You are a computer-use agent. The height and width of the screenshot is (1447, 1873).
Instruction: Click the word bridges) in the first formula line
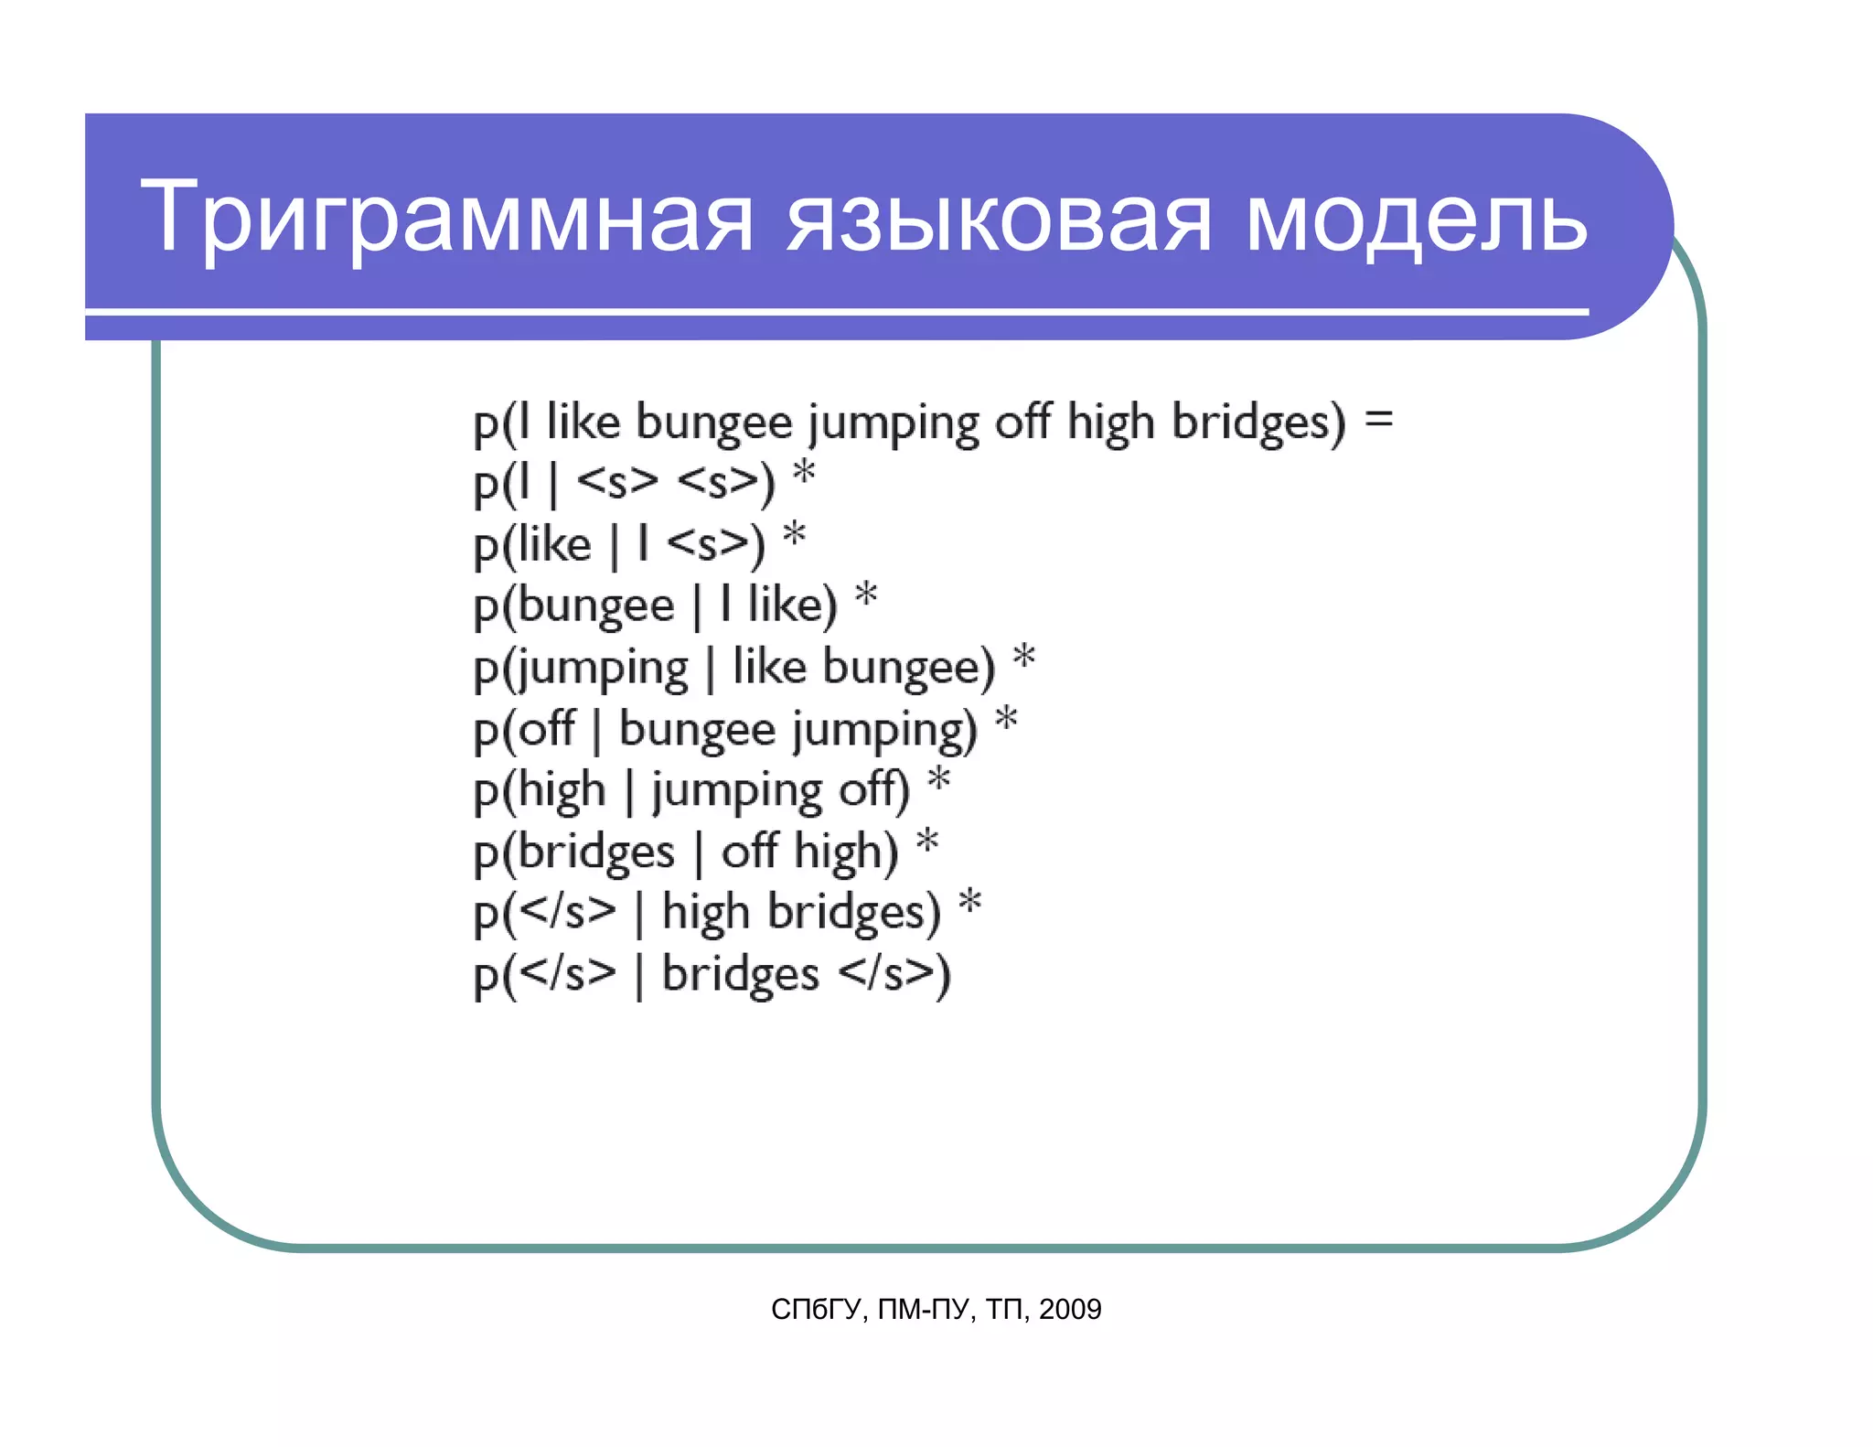1258,423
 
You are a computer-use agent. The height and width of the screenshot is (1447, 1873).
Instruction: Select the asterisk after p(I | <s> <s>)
803,475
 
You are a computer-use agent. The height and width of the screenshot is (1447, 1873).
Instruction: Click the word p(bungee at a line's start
573,606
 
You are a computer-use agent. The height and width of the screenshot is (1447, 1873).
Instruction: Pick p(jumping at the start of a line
580,669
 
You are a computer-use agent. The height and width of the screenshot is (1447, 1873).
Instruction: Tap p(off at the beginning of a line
524,729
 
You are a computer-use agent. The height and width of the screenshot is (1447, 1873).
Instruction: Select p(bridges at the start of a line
573,852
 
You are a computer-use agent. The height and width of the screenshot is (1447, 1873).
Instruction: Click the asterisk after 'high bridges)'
969,904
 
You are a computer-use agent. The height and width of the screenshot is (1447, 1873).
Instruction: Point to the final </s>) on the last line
894,974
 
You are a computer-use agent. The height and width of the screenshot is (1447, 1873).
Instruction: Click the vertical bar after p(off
596,731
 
